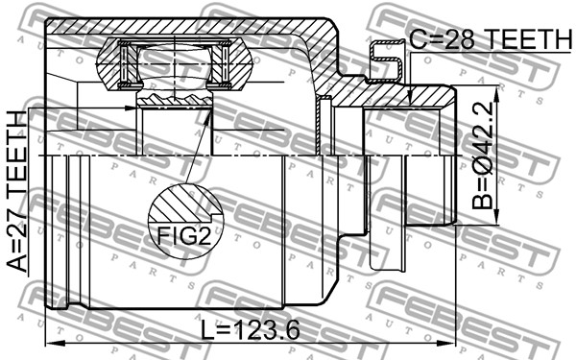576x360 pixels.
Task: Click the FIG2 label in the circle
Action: pyautogui.click(x=184, y=235)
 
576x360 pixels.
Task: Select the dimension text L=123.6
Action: pyautogui.click(x=251, y=329)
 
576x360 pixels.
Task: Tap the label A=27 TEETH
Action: pyautogui.click(x=17, y=191)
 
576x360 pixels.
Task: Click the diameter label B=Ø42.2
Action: pyautogui.click(x=482, y=156)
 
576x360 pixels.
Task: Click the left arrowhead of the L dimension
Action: pyautogui.click(x=55, y=344)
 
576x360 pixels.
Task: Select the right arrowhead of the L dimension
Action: pyautogui.click(x=445, y=344)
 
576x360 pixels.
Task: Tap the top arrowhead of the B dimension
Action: pyautogui.click(x=496, y=95)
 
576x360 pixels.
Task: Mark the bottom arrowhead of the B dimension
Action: pyautogui.click(x=496, y=216)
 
